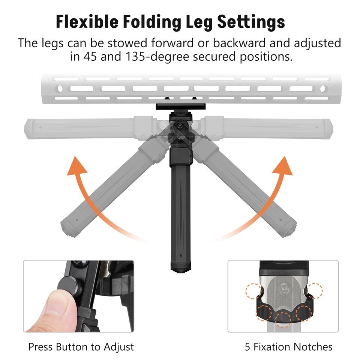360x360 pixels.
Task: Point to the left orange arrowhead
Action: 76,166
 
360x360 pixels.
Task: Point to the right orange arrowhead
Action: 283,166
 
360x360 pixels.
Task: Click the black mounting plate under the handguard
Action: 181,106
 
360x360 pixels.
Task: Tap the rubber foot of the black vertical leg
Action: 181,268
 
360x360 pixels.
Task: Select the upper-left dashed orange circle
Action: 254,291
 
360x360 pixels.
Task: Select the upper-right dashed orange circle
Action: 315,291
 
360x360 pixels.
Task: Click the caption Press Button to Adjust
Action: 81,346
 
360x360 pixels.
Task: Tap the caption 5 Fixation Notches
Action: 289,346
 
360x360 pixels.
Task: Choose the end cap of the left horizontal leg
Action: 28,129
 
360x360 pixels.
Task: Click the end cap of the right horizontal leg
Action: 329,129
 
